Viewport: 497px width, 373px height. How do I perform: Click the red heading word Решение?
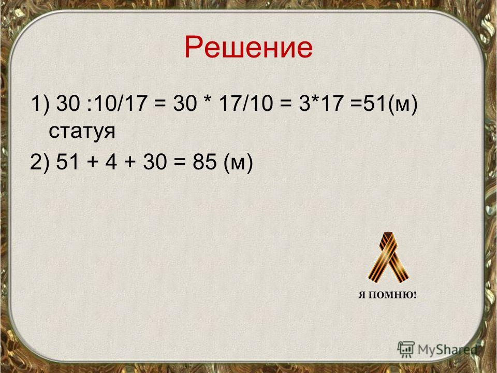248,48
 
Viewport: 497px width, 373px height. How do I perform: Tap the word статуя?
82,131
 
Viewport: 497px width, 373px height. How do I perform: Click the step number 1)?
40,104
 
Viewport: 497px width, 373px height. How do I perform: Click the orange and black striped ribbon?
388,257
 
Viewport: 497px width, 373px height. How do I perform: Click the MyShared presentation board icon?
406,349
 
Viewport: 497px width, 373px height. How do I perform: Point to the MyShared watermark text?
447,350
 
